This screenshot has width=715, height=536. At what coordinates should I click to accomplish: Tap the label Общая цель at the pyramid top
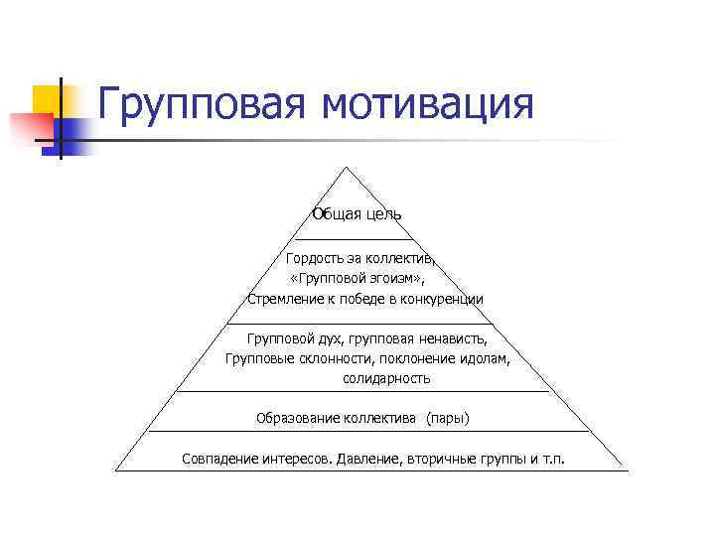pyautogui.click(x=357, y=214)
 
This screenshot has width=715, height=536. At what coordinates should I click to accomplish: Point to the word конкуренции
pyautogui.click(x=443, y=299)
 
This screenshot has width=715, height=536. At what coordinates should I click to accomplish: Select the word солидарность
pyautogui.click(x=387, y=378)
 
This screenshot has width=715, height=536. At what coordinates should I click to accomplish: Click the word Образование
pyautogui.click(x=297, y=418)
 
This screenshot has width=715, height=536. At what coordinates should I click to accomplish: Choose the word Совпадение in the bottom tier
pyautogui.click(x=220, y=459)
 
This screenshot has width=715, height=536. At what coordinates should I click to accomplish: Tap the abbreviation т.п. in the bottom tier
pyautogui.click(x=552, y=459)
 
